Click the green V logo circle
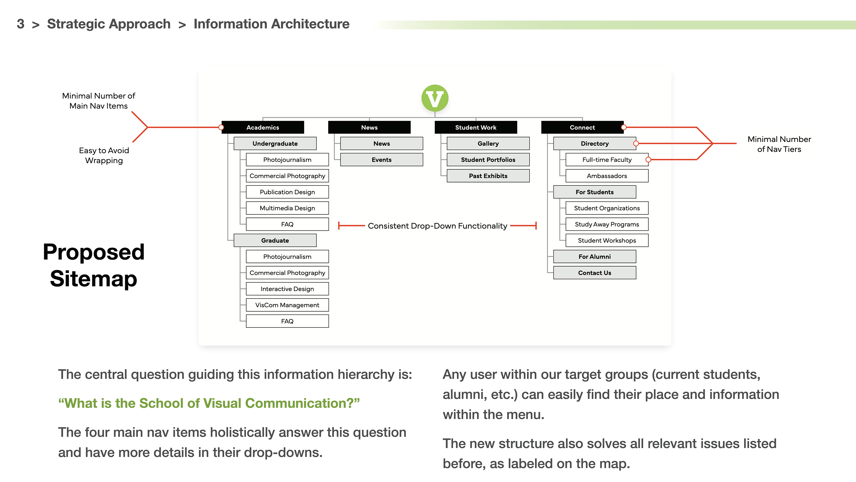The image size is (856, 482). pyautogui.click(x=435, y=98)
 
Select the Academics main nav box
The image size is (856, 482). pyautogui.click(x=263, y=127)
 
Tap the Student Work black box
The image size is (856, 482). pyautogui.click(x=475, y=127)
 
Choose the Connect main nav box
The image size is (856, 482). pyautogui.click(x=582, y=127)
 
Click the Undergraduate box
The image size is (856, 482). pyautogui.click(x=275, y=143)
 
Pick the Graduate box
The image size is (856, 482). pyautogui.click(x=275, y=240)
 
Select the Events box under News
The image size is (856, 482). pyautogui.click(x=381, y=160)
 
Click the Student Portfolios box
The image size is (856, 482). pyautogui.click(x=488, y=160)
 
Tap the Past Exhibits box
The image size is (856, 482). pyautogui.click(x=488, y=176)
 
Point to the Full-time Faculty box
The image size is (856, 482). pyautogui.click(x=607, y=160)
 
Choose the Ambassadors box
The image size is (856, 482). pyautogui.click(x=607, y=176)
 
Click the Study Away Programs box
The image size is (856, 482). pyautogui.click(x=607, y=224)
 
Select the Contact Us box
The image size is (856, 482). pyautogui.click(x=595, y=273)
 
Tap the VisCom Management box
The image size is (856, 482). pyautogui.click(x=287, y=305)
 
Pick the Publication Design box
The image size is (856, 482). pyautogui.click(x=287, y=192)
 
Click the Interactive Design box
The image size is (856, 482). pyautogui.click(x=287, y=289)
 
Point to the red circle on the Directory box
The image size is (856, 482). pyautogui.click(x=636, y=143)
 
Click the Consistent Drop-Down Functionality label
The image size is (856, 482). pyautogui.click(x=437, y=226)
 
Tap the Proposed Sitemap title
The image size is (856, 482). pyautogui.click(x=94, y=265)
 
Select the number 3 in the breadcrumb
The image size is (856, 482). pyautogui.click(x=21, y=24)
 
